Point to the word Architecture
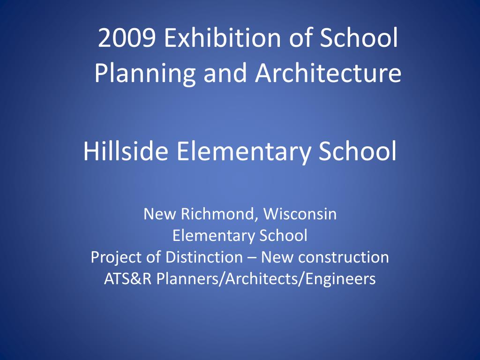328,73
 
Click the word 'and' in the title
225,73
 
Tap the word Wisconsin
300,214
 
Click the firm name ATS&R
128,279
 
